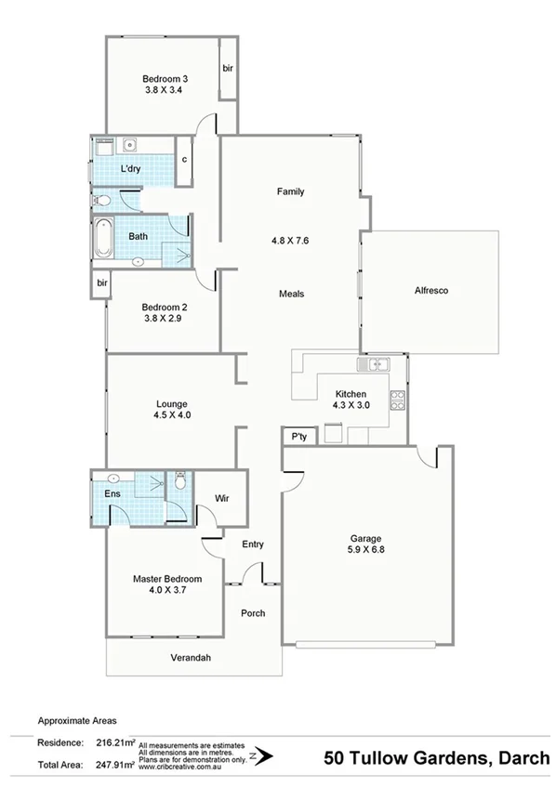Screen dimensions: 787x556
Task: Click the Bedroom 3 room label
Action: coord(166,79)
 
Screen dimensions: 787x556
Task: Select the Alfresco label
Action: coord(431,291)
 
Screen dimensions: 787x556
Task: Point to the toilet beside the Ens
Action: coord(179,481)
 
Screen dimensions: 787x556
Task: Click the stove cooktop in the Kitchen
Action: coord(398,400)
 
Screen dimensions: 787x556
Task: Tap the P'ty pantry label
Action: coord(298,436)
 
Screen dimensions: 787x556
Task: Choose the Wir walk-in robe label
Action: coord(221,498)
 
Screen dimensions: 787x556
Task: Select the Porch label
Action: coord(253,613)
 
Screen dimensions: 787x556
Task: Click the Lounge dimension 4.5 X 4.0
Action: coord(173,416)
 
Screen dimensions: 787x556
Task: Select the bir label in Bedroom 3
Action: coord(227,68)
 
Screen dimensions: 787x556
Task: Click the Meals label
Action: coord(292,294)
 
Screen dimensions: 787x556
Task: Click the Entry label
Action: coord(253,544)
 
